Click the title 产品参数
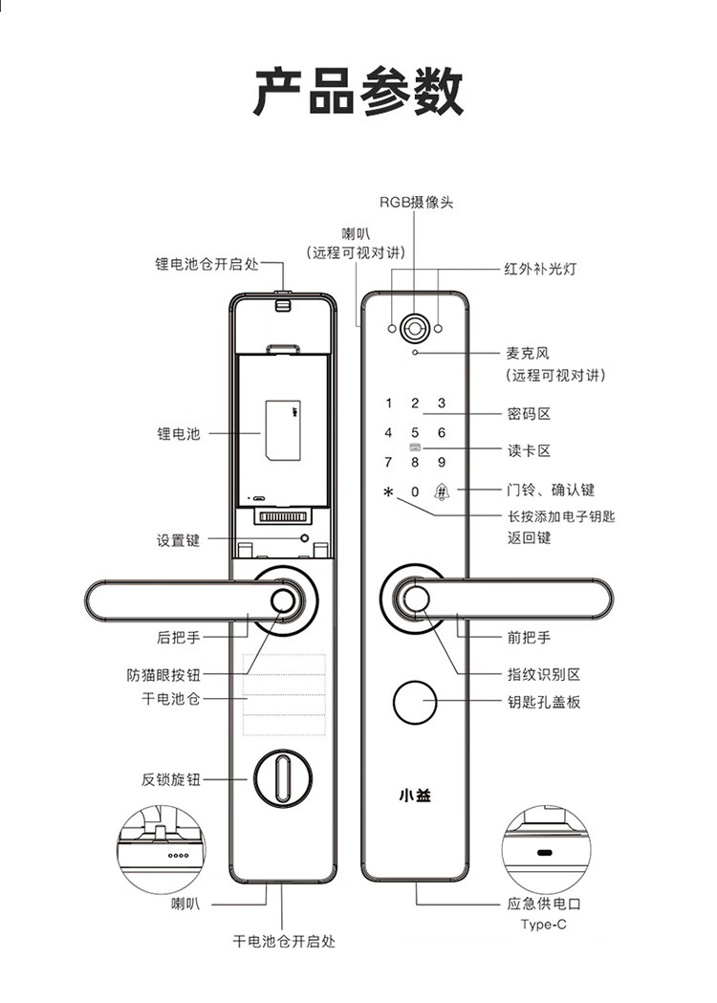(x=358, y=92)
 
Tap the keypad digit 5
(x=415, y=432)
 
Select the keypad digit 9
(x=442, y=462)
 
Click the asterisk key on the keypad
(x=387, y=491)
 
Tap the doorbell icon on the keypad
(x=442, y=491)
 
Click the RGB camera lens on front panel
(x=415, y=329)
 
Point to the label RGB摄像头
(x=416, y=202)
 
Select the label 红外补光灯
(x=540, y=269)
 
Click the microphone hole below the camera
(x=415, y=353)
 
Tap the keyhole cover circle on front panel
(x=415, y=703)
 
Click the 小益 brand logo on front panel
(x=415, y=796)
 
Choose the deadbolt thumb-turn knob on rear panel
(x=282, y=778)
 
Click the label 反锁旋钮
(x=171, y=779)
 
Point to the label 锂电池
(x=179, y=434)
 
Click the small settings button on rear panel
(x=304, y=538)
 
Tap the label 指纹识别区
(x=544, y=674)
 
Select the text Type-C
(x=543, y=925)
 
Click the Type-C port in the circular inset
(x=545, y=853)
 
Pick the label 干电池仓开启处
(x=284, y=941)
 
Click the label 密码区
(x=529, y=414)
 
